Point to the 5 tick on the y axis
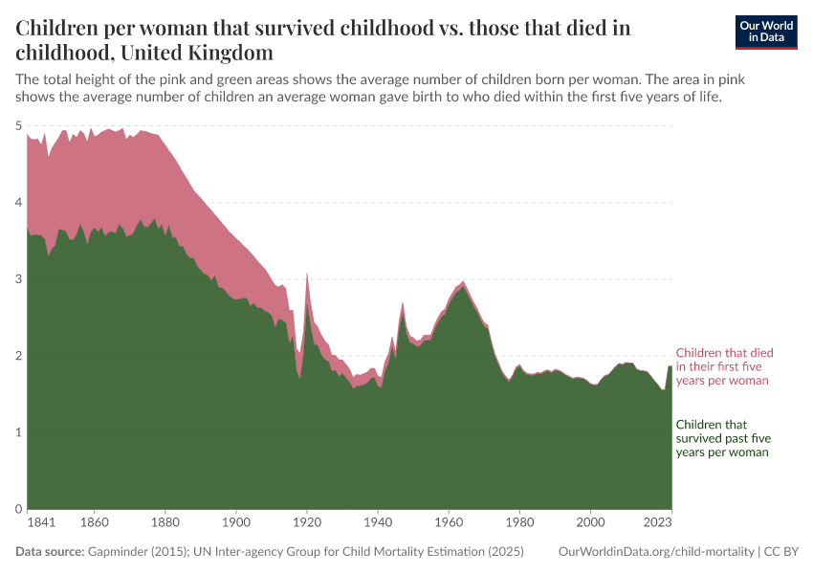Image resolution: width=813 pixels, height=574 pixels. pyautogui.click(x=18, y=125)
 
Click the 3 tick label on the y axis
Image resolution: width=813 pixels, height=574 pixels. pyautogui.click(x=18, y=279)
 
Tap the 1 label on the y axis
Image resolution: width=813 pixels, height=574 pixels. pyautogui.click(x=18, y=432)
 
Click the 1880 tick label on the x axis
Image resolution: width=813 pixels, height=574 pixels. pyautogui.click(x=165, y=523)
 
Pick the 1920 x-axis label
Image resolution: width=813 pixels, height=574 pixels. pyautogui.click(x=307, y=523)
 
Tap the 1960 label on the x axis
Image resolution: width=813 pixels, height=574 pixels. pyautogui.click(x=449, y=523)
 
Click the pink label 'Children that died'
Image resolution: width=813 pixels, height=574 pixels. pyautogui.click(x=724, y=353)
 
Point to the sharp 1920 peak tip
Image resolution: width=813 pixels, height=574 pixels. pyautogui.click(x=307, y=274)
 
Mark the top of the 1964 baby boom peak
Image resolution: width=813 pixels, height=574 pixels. pyautogui.click(x=463, y=282)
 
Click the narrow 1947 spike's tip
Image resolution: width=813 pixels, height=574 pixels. pyautogui.click(x=403, y=302)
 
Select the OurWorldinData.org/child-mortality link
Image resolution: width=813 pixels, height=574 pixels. pyautogui.click(x=656, y=552)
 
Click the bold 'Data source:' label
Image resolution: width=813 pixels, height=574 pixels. pyautogui.click(x=50, y=552)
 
